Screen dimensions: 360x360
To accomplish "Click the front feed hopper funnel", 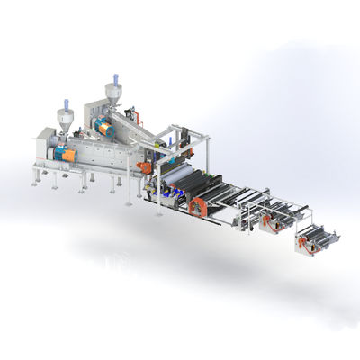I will pyautogui.click(x=65, y=118).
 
